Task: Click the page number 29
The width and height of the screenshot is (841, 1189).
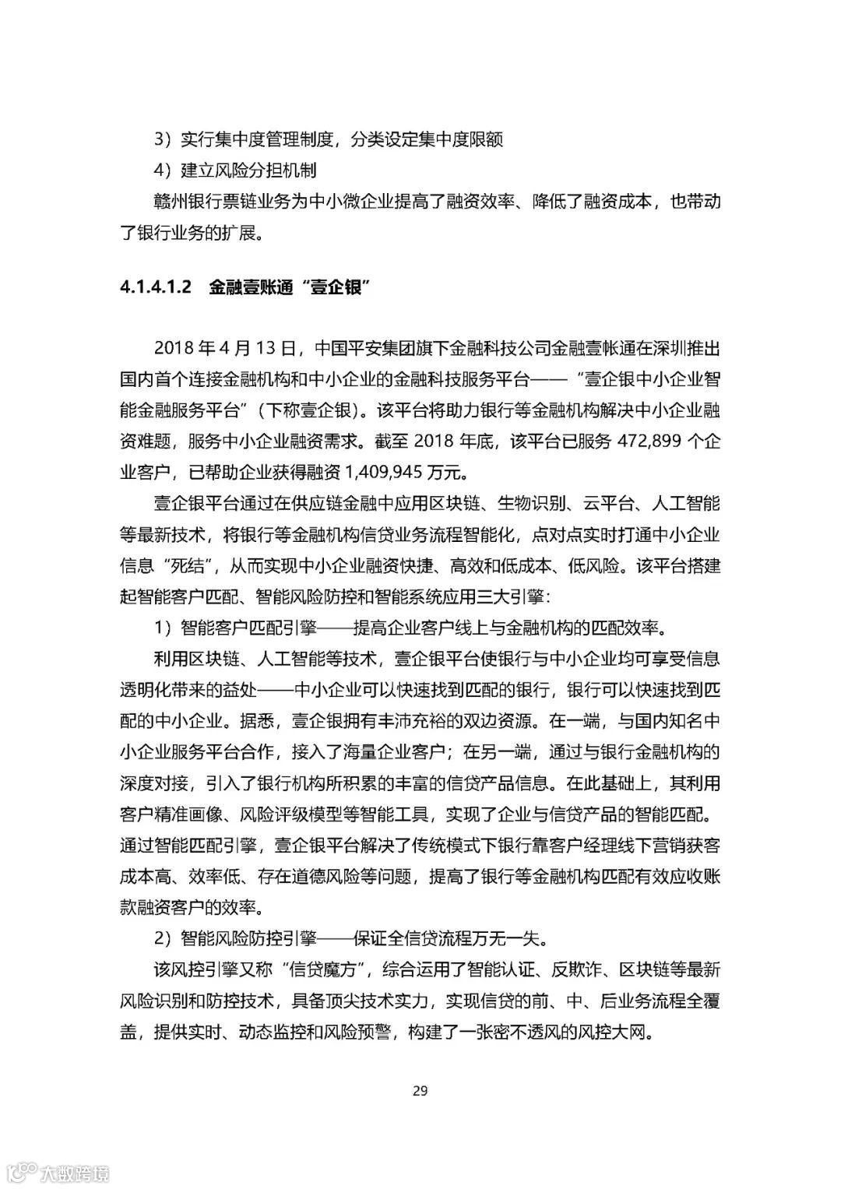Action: point(420,1090)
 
